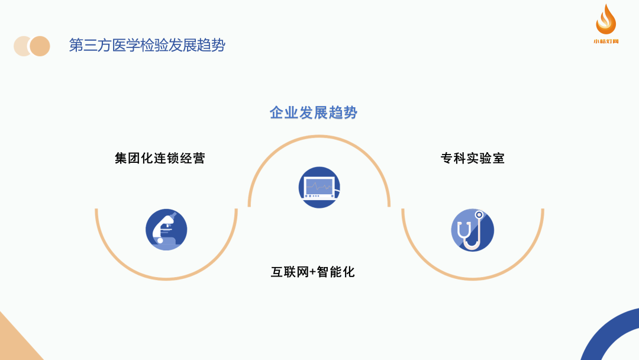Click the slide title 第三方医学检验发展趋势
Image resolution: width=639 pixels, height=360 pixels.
[x=147, y=46]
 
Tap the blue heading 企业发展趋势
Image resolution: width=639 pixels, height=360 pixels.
[x=314, y=112]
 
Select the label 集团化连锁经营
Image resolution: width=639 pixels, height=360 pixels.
[x=160, y=158]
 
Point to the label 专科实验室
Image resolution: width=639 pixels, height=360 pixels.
[x=473, y=158]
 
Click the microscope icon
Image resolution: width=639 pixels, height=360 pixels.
[x=166, y=230]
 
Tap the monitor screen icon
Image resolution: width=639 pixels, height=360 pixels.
[x=319, y=188]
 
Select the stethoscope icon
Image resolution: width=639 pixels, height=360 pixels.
[x=472, y=230]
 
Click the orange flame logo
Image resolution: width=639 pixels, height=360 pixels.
[x=606, y=19]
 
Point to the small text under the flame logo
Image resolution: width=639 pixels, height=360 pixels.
[x=606, y=41]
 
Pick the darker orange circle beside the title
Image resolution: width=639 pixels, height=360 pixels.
[x=40, y=46]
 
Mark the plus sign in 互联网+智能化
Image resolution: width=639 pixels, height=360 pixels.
[x=313, y=272]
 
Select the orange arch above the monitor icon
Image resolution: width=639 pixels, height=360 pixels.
[x=319, y=137]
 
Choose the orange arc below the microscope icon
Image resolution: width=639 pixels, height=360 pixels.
[x=166, y=278]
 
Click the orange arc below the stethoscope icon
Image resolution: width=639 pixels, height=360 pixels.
[x=472, y=278]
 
